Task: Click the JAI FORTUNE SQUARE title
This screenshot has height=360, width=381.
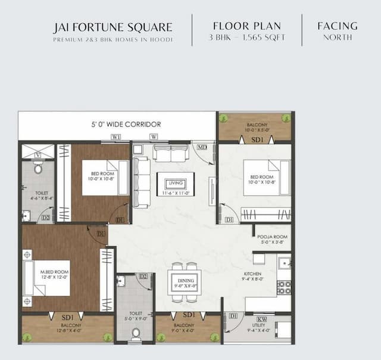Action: tap(113, 27)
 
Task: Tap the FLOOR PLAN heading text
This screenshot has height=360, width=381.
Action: tap(247, 26)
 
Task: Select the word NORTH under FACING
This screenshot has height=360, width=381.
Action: tap(338, 38)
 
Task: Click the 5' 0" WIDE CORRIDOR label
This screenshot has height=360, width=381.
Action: tap(126, 125)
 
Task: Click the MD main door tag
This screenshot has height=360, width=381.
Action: tap(202, 147)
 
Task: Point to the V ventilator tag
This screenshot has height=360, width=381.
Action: tap(38, 154)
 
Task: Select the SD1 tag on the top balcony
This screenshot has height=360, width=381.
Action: tap(257, 139)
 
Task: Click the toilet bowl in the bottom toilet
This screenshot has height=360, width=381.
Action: tap(136, 333)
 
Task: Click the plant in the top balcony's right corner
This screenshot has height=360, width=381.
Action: tap(286, 118)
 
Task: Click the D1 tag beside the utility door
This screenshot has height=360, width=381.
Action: tap(233, 315)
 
